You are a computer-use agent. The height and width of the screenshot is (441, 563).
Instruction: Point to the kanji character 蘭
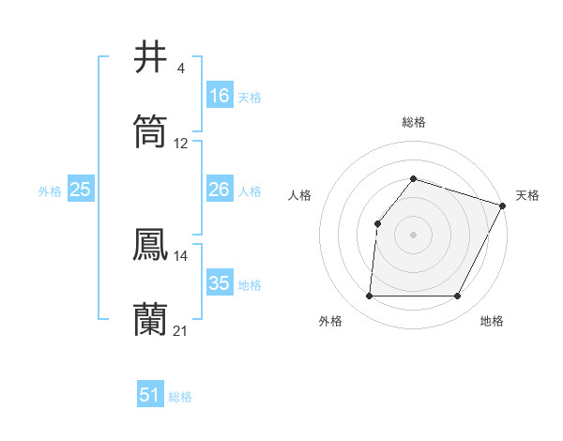point(151,319)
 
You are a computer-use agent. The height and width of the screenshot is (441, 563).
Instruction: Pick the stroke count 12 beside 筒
point(181,144)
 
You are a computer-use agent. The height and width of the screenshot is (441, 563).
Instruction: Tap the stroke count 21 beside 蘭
point(181,331)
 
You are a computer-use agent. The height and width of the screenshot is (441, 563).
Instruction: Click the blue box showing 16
point(220,96)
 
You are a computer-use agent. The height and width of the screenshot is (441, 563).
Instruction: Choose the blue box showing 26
point(220,190)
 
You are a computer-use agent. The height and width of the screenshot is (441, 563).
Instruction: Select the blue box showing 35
point(220,283)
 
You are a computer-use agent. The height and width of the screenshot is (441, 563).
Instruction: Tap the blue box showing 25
point(81,190)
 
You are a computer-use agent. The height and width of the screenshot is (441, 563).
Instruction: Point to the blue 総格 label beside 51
point(180,397)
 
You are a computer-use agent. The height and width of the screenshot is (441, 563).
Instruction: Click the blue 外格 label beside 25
point(50,191)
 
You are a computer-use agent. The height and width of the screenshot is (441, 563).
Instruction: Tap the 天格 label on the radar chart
point(527,195)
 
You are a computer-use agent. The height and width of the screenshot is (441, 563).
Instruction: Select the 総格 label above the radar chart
point(413,122)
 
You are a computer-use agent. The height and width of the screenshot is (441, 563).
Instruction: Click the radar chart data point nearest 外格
point(369,296)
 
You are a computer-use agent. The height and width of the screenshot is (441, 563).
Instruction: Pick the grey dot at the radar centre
point(413,234)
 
